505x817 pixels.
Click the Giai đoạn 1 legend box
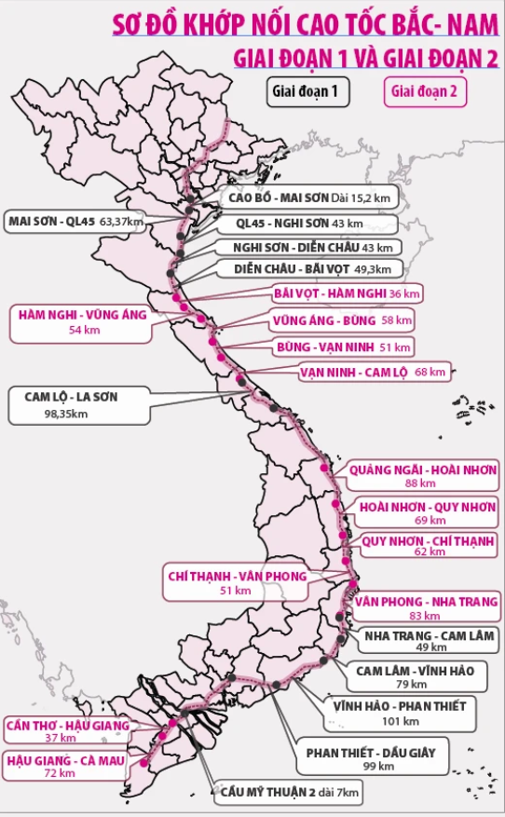click(304, 91)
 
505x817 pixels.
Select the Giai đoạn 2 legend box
click(424, 91)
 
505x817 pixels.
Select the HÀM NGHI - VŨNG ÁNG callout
click(82, 322)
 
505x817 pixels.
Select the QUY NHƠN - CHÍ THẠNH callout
click(416, 546)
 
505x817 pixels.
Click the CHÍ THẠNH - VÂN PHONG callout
click(236, 583)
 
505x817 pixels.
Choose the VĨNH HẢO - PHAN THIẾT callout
click(400, 713)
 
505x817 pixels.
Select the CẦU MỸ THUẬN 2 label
click(289, 793)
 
